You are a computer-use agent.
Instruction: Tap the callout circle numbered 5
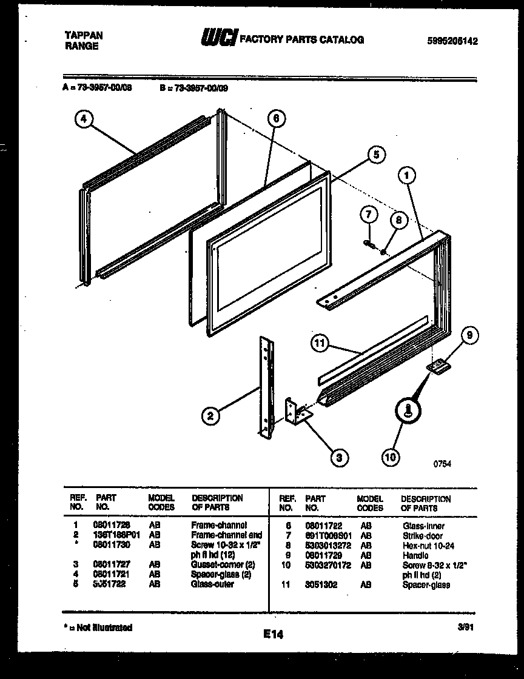[x=375, y=155]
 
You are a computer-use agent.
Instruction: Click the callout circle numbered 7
[x=368, y=214]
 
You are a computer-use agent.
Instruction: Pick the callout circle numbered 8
[x=398, y=221]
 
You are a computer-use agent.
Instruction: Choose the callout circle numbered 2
[x=210, y=416]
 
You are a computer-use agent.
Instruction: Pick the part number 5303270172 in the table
[x=325, y=565]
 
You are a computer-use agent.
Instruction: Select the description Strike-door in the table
[x=423, y=536]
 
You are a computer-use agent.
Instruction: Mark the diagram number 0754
[x=442, y=464]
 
